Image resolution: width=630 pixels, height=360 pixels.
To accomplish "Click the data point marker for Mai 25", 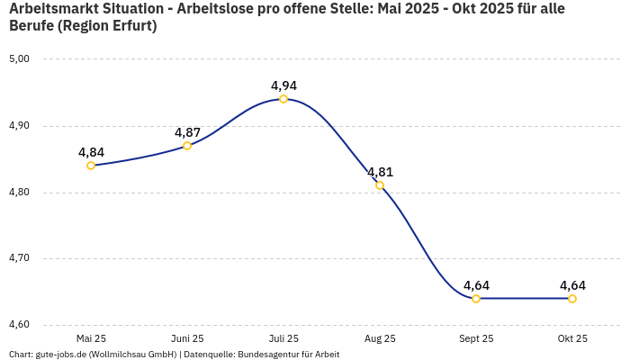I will pyautogui.click(x=91, y=166).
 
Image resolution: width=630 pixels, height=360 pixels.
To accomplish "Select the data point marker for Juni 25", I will pyautogui.click(x=187, y=146).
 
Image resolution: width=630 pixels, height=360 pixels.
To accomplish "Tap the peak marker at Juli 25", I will pyautogui.click(x=283, y=99).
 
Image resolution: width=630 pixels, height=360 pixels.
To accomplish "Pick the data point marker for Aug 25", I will pyautogui.click(x=380, y=185).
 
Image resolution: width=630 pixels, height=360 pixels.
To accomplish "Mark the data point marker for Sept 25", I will pyautogui.click(x=476, y=299).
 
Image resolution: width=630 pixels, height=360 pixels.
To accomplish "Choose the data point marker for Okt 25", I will pyautogui.click(x=572, y=299).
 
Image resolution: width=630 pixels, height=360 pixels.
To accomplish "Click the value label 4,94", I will pyautogui.click(x=283, y=86).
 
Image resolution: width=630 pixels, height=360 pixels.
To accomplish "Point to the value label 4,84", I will pyautogui.click(x=91, y=153).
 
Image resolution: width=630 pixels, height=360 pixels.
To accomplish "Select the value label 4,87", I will pyautogui.click(x=187, y=133).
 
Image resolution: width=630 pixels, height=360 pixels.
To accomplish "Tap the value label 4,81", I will pyautogui.click(x=380, y=173).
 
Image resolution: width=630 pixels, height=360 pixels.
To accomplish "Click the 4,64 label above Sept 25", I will pyautogui.click(x=476, y=286).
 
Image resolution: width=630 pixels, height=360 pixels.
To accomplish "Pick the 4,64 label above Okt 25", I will pyautogui.click(x=572, y=286).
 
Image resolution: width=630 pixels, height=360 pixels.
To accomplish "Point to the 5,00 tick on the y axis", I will pyautogui.click(x=20, y=59).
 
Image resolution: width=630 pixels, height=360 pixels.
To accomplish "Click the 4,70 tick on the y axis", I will pyautogui.click(x=20, y=258).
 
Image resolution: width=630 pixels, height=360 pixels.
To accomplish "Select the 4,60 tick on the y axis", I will pyautogui.click(x=20, y=325).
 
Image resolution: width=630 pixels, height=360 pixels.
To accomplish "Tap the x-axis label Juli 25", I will pyautogui.click(x=283, y=339).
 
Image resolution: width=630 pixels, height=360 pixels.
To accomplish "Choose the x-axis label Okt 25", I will pyautogui.click(x=572, y=339).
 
